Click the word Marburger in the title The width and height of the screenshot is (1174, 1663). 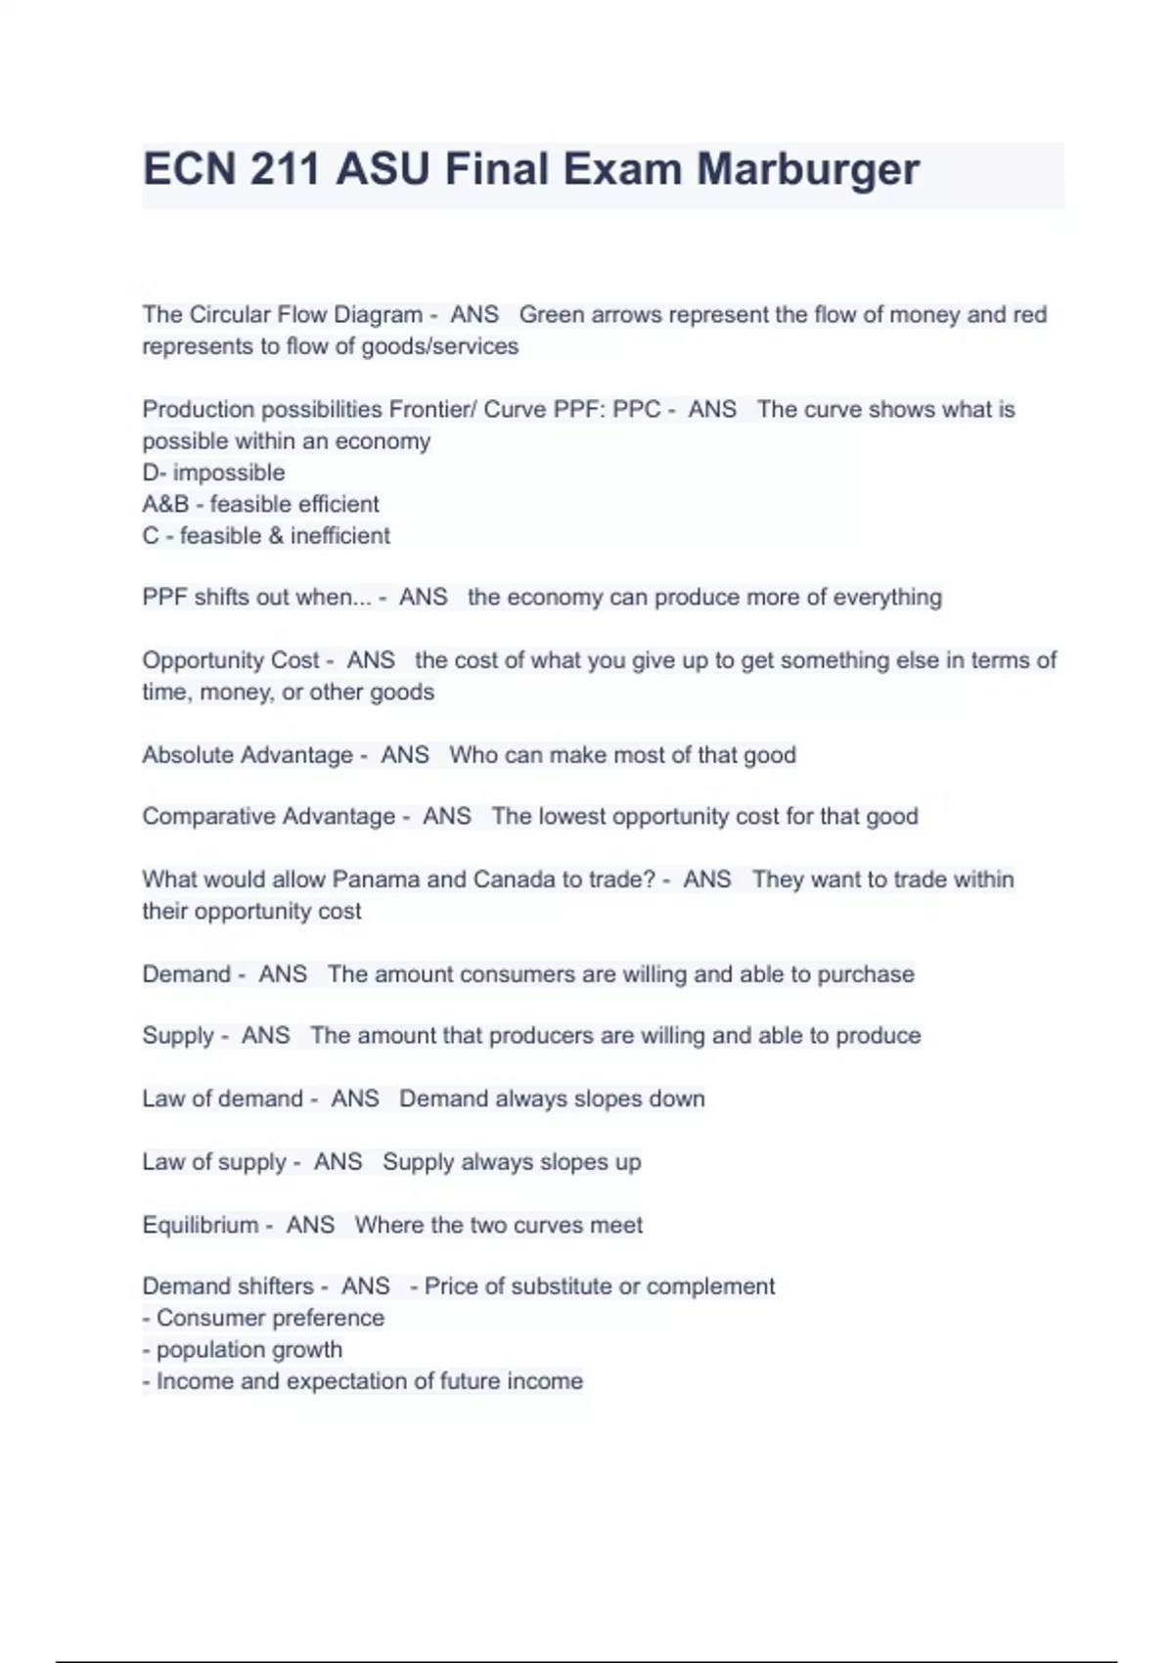coord(807,170)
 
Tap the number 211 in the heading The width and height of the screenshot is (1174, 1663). coord(285,170)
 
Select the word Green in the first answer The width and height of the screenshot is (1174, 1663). coord(551,315)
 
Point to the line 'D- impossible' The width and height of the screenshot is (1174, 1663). coord(213,472)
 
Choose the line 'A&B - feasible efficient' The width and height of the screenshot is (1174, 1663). coord(260,504)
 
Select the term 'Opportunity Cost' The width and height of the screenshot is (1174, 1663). coord(231,660)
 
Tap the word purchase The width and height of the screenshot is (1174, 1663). coord(865,974)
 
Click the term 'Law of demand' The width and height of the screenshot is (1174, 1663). coord(222,1099)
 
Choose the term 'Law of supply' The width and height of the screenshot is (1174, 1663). coord(213,1162)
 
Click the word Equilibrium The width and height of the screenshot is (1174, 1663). coord(201,1225)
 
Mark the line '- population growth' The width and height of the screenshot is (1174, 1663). coord(243,1350)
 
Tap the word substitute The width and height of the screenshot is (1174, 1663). coord(561,1286)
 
